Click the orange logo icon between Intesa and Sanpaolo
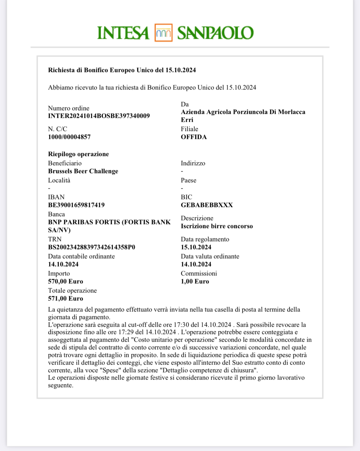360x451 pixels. pyautogui.click(x=163, y=33)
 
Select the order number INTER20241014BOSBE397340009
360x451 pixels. pyautogui.click(x=99, y=116)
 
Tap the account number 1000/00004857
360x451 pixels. pyautogui.click(x=69, y=137)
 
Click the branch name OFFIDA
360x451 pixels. pyautogui.click(x=194, y=137)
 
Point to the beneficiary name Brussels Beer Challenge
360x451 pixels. pyautogui.click(x=83, y=171)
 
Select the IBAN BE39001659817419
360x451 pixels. pyautogui.click(x=76, y=205)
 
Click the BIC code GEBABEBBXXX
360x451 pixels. pyautogui.click(x=207, y=205)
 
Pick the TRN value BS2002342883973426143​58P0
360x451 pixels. pyautogui.click(x=92, y=247)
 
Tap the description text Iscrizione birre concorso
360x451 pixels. pyautogui.click(x=217, y=226)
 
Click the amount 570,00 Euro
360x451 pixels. pyautogui.click(x=66, y=282)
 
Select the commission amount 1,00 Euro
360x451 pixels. pyautogui.click(x=195, y=282)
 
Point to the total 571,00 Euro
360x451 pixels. pyautogui.click(x=66, y=299)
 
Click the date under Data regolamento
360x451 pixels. pyautogui.click(x=196, y=247)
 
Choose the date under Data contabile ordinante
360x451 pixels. pyautogui.click(x=63, y=264)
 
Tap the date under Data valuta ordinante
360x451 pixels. pyautogui.click(x=196, y=264)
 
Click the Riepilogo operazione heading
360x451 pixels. pyautogui.click(x=78, y=154)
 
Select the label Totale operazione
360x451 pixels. pyautogui.click(x=72, y=291)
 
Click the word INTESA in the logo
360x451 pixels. pyautogui.click(x=123, y=33)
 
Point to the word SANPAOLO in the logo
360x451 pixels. pyautogui.click(x=215, y=33)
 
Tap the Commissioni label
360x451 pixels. pyautogui.click(x=199, y=274)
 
